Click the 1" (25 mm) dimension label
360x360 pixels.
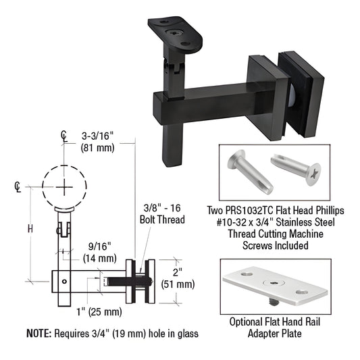point(89,311)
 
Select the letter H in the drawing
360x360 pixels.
point(29,230)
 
